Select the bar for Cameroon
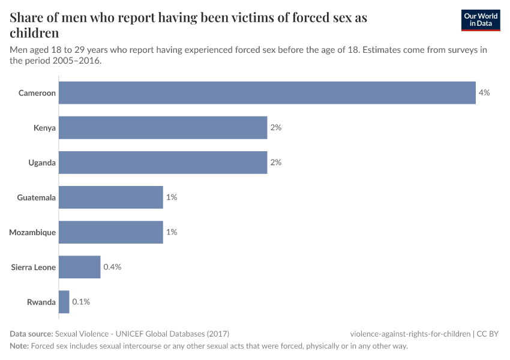tap(267, 93)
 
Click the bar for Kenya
tap(163, 128)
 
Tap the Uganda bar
tap(163, 163)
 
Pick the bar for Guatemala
tap(111, 197)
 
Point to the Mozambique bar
tap(111, 232)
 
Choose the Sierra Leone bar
tap(79, 267)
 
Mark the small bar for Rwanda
tap(64, 302)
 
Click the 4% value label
tap(484, 93)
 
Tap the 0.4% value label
tap(112, 267)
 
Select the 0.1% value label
tap(81, 302)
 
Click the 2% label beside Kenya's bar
tap(275, 128)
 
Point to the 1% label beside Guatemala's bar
tap(172, 197)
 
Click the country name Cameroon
tap(37, 93)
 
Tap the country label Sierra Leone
tap(34, 267)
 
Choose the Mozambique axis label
tap(32, 232)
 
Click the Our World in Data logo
tap(481, 20)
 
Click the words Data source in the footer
tap(31, 334)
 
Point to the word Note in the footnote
tap(19, 346)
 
